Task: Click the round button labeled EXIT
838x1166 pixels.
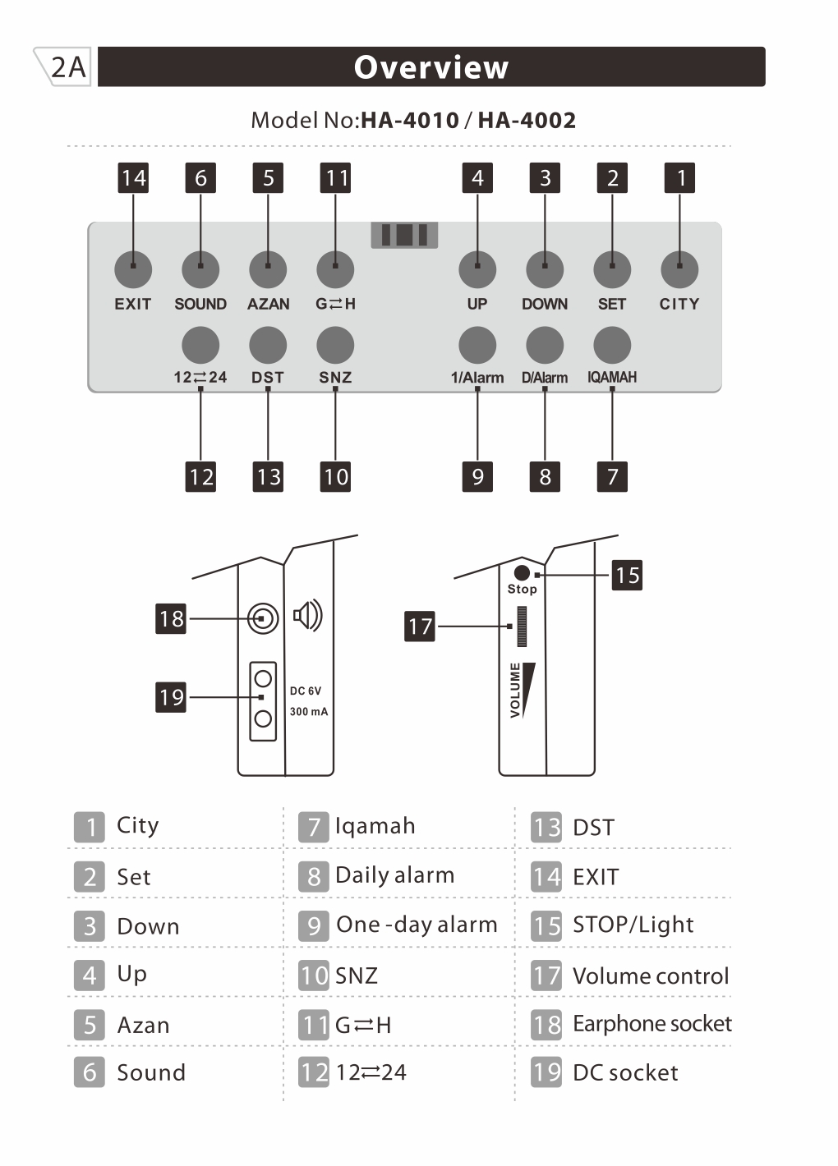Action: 133,269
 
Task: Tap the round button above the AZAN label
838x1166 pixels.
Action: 268,269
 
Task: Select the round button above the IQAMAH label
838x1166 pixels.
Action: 612,345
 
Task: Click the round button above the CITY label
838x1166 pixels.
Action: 679,269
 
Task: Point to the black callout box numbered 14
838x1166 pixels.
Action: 133,178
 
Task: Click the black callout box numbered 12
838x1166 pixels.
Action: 200,477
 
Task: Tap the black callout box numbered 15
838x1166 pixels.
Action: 627,576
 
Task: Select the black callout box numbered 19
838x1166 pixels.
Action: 171,697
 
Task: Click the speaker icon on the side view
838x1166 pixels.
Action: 308,616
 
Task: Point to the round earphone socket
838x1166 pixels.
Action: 263,617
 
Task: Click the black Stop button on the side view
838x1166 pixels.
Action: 522,572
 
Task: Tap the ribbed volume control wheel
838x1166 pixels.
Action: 522,627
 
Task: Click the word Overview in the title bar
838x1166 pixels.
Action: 431,67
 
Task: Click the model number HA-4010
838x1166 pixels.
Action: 409,121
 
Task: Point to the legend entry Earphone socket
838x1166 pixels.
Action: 652,1024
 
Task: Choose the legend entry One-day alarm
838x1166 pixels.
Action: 417,925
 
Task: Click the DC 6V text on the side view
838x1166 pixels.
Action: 306,691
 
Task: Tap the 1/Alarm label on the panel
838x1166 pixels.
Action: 477,378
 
